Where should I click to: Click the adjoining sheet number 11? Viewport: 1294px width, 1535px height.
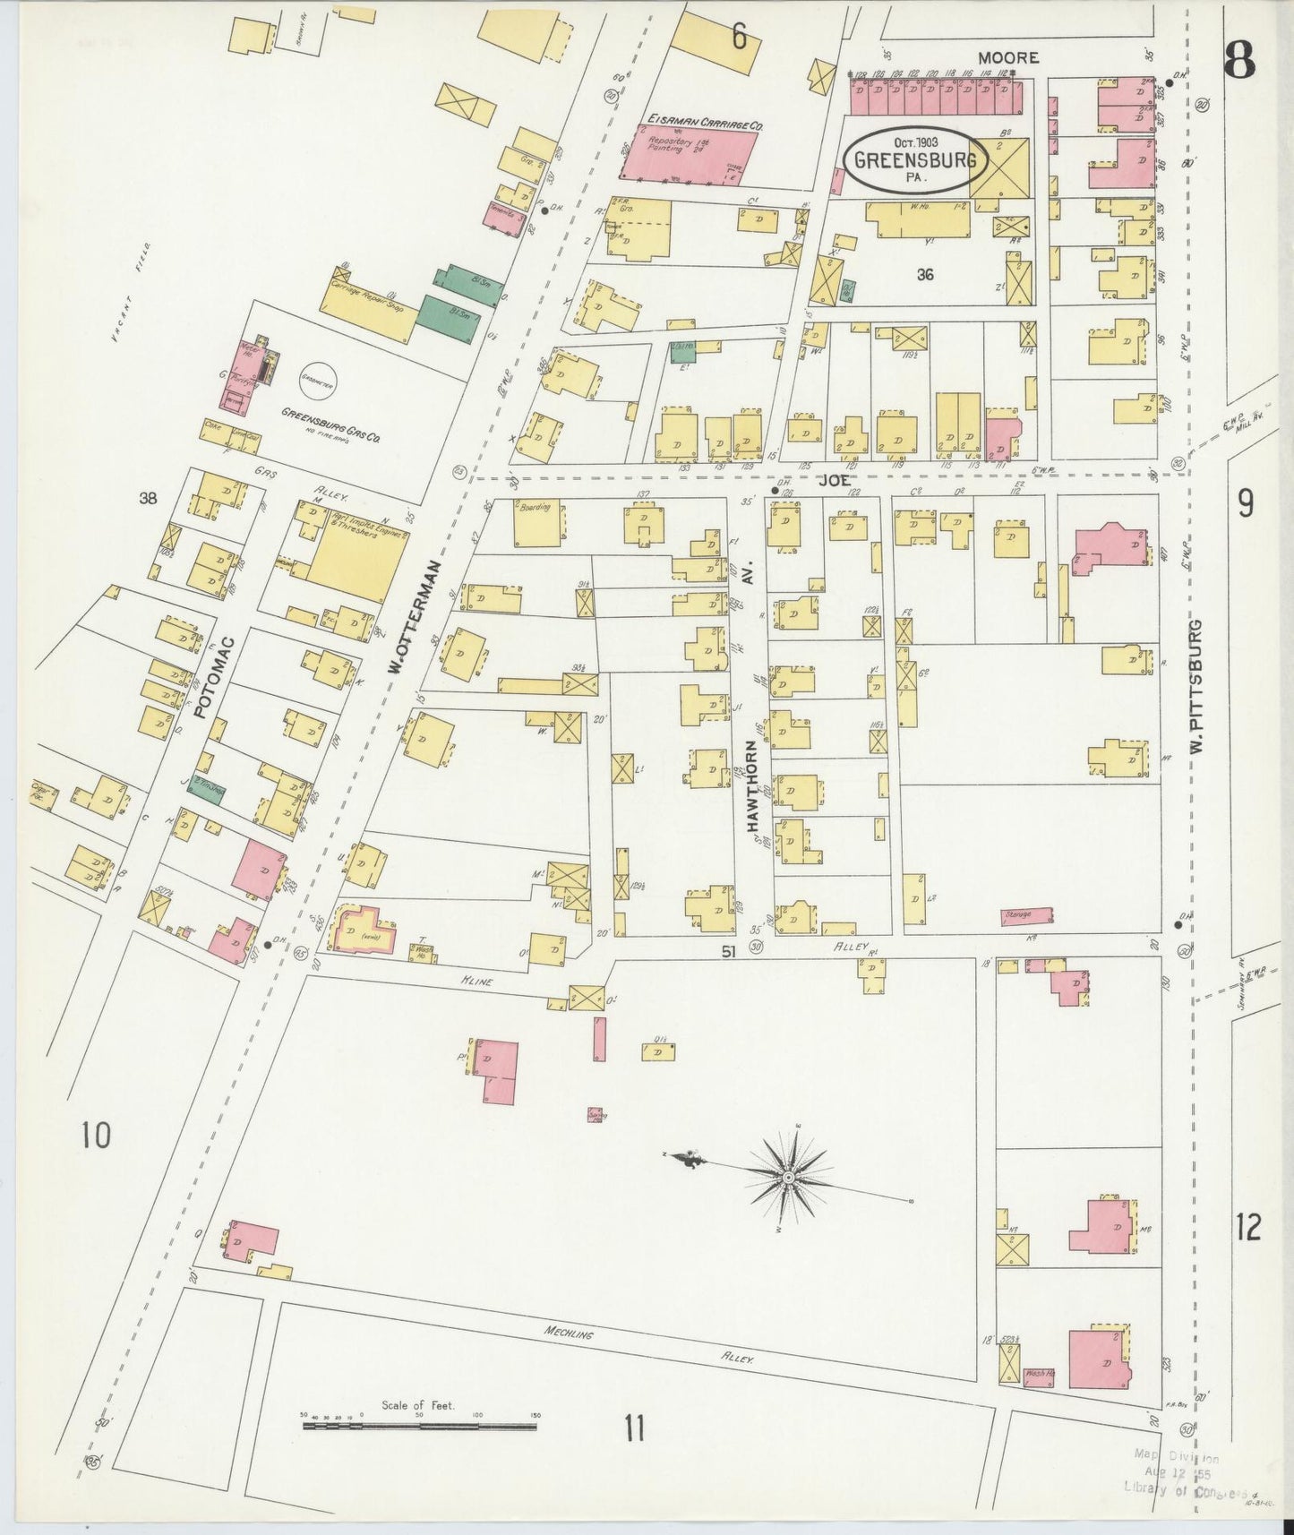[634, 1428]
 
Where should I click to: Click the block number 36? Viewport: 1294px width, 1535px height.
[925, 275]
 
